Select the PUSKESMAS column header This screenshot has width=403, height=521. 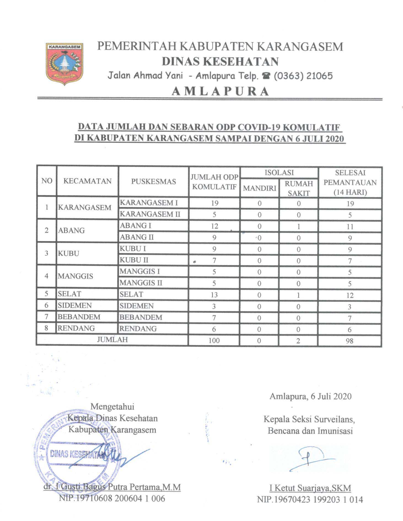153,181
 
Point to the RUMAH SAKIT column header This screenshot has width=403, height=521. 299,188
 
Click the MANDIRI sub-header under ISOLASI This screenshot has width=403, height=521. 259,188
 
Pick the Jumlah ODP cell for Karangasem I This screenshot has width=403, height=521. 214,203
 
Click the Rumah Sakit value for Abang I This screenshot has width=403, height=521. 299,227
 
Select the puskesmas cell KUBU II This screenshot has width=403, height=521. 134,260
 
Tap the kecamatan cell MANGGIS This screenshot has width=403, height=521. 76,276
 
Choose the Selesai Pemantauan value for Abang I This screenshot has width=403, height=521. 350,227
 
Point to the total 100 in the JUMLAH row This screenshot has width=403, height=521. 214,340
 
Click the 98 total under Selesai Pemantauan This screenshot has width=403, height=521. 350,341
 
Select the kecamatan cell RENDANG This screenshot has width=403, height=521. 76,328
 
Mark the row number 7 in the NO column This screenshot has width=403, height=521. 46,317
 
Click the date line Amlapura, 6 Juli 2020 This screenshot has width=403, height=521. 310,396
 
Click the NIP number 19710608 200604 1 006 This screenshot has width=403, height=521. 112,498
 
